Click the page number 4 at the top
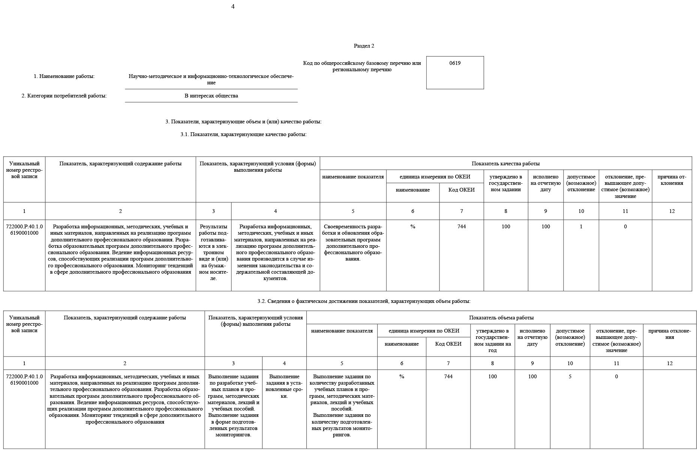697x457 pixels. pyautogui.click(x=233, y=7)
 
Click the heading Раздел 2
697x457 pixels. pyautogui.click(x=364, y=46)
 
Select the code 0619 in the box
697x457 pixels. pyautogui.click(x=455, y=63)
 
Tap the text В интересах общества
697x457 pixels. pyautogui.click(x=211, y=96)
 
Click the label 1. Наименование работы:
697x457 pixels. pyautogui.click(x=64, y=76)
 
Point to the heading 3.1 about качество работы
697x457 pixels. pyautogui.click(x=243, y=135)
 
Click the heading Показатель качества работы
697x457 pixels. pyautogui.click(x=505, y=164)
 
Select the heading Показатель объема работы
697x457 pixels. pyautogui.click(x=501, y=318)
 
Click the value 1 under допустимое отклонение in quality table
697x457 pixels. pyautogui.click(x=581, y=227)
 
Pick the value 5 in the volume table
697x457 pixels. pyautogui.click(x=570, y=377)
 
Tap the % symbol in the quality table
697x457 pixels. pyautogui.click(x=412, y=227)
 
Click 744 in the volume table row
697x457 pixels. pyautogui.click(x=448, y=377)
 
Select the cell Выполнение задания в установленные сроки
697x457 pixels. pyautogui.click(x=284, y=386)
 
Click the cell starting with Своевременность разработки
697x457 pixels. pyautogui.click(x=353, y=243)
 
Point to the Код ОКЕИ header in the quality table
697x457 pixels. pyautogui.click(x=461, y=190)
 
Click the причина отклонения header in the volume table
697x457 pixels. pyautogui.click(x=669, y=334)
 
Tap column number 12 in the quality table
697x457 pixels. pyautogui.click(x=672, y=211)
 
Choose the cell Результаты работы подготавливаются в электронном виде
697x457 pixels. pyautogui.click(x=213, y=252)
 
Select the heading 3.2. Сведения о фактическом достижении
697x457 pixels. pyautogui.click(x=364, y=301)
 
